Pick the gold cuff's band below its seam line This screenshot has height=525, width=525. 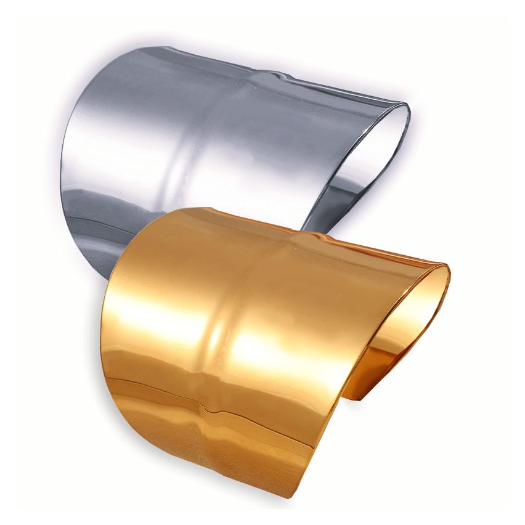coord(203,444)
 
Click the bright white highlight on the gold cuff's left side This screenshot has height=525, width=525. coord(154,308)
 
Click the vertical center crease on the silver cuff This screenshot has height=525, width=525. coord(179,154)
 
